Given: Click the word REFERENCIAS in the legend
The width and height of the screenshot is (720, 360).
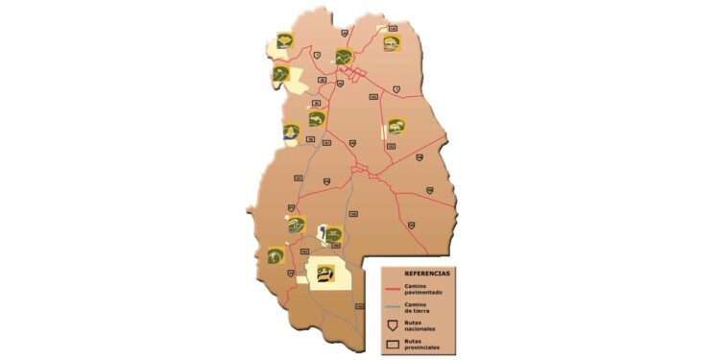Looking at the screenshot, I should click(x=415, y=273).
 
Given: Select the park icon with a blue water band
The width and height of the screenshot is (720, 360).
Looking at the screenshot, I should click(x=290, y=132).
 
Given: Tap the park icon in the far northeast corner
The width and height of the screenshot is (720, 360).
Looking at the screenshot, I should click(x=392, y=43).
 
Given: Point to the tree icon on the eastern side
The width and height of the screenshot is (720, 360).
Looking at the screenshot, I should click(x=396, y=125).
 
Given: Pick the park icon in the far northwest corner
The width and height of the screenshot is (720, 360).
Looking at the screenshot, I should click(x=284, y=39).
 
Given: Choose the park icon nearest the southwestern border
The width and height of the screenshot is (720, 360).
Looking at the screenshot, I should click(x=276, y=255).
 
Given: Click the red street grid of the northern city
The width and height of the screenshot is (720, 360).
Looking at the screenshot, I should click(x=358, y=74).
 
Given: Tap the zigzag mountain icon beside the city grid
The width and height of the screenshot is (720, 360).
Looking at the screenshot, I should click(x=343, y=57).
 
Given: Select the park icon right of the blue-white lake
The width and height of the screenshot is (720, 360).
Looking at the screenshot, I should click(x=333, y=233).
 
